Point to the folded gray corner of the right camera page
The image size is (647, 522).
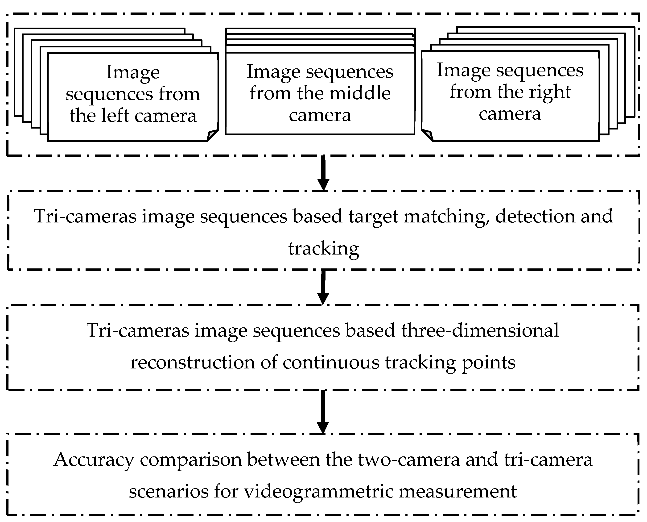click(427, 135)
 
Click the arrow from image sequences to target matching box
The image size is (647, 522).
click(323, 173)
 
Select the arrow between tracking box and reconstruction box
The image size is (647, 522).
click(323, 287)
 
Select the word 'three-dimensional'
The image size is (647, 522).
click(480, 330)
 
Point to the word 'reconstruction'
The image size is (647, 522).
click(193, 362)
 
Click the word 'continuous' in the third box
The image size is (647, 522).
click(331, 362)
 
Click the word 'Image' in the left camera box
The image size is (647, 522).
click(133, 72)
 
